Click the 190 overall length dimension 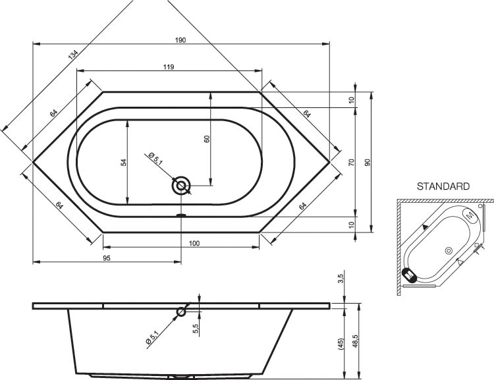click(x=180, y=40)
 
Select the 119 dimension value click(x=169, y=67)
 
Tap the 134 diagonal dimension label click(x=72, y=55)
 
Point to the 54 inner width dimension click(x=124, y=163)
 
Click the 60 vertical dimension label click(x=207, y=139)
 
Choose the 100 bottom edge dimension click(x=194, y=243)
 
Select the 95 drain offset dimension click(x=107, y=258)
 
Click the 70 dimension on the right click(x=352, y=163)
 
